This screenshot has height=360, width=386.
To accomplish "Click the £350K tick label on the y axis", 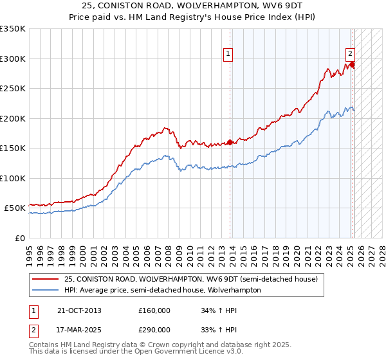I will (x=13, y=29).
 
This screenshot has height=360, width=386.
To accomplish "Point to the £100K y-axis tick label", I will (x=13, y=178).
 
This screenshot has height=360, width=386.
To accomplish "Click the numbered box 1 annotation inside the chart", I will (x=230, y=55).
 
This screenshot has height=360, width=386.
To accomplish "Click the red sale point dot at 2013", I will (x=230, y=143).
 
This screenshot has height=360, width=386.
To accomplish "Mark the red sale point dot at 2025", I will (x=352, y=65).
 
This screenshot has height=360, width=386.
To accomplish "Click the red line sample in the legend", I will (x=46, y=280).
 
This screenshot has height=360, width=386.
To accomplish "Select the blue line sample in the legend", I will (x=46, y=290).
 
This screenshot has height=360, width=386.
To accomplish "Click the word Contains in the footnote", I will (x=44, y=345).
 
